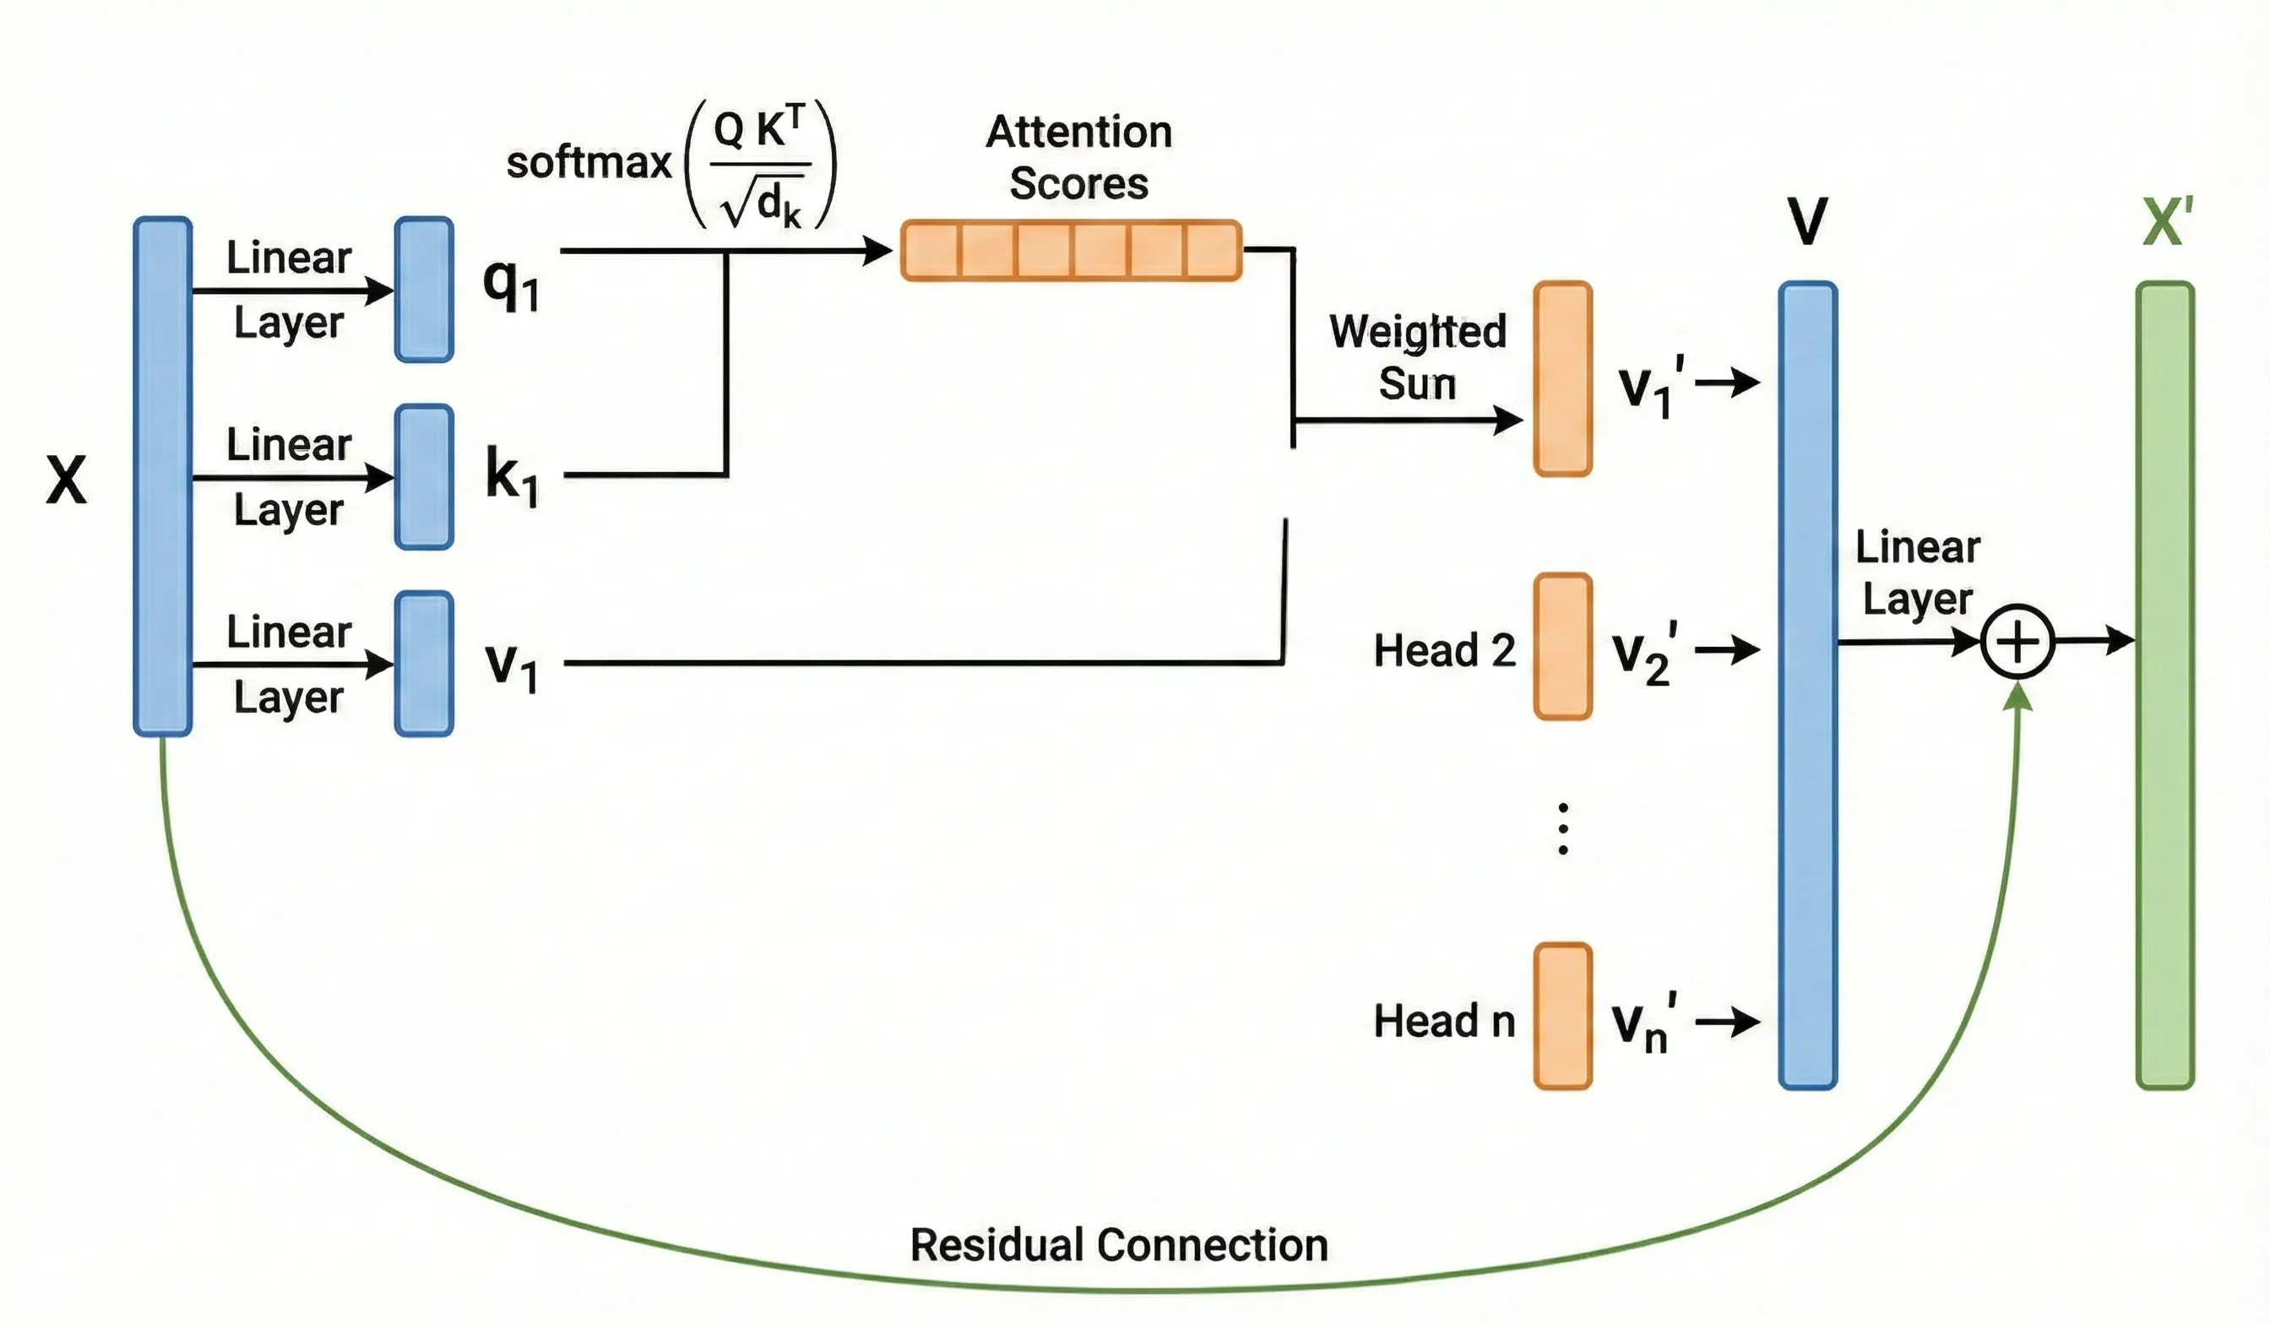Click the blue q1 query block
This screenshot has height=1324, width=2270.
tap(423, 289)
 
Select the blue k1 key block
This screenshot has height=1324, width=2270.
tap(423, 476)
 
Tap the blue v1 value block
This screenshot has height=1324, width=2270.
tap(423, 664)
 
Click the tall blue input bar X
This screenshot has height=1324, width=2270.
tap(162, 476)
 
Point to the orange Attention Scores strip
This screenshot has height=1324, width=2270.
tap(1071, 251)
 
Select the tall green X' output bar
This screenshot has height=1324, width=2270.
tap(2164, 686)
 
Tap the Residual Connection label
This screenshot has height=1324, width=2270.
tap(1119, 1245)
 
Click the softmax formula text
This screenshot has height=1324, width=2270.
tap(671, 163)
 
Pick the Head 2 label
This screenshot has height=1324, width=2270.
tap(1444, 650)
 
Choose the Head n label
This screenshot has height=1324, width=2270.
tap(1444, 1022)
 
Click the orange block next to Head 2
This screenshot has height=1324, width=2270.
tap(1563, 647)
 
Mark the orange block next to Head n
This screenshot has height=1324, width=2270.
tap(1563, 1016)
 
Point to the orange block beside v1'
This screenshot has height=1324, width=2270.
tap(1563, 378)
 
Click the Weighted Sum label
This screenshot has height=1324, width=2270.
tap(1418, 357)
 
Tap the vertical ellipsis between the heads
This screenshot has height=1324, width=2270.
tap(1563, 828)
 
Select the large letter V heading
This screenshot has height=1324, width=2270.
tap(1807, 220)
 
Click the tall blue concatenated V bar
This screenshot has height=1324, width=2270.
tap(1807, 686)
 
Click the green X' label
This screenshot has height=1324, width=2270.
tap(2167, 220)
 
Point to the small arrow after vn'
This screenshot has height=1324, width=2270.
tap(1727, 1022)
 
